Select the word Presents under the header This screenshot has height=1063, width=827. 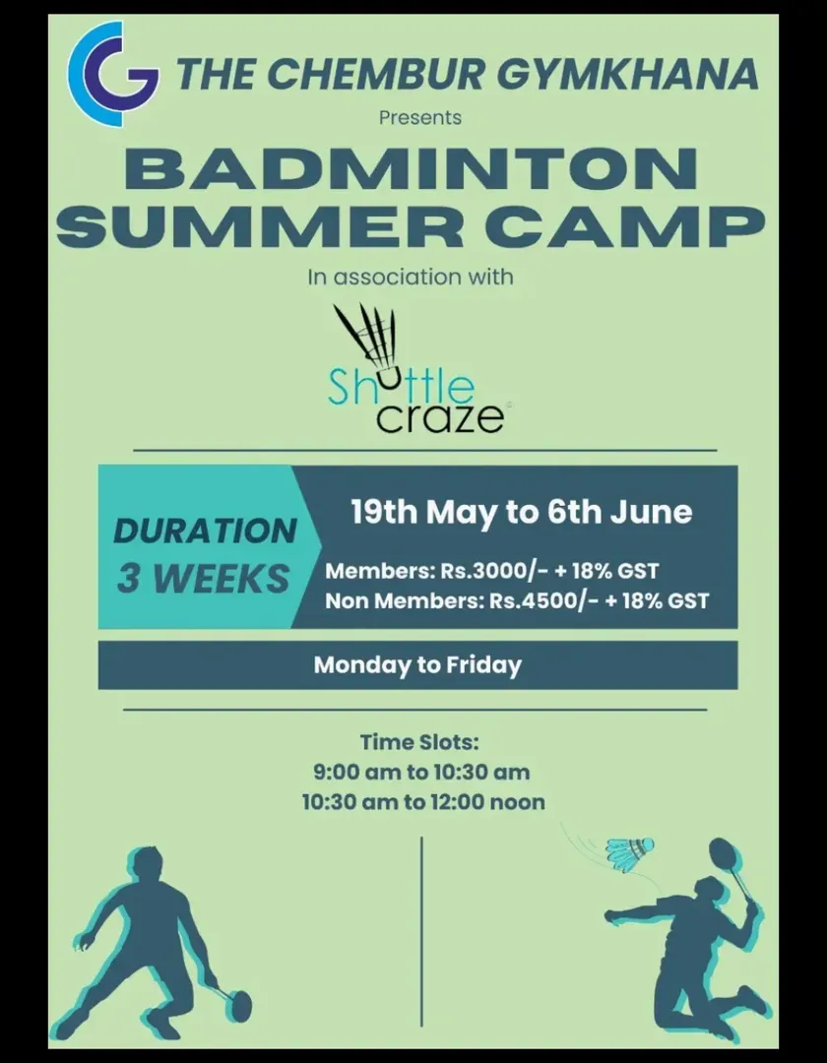click(x=420, y=118)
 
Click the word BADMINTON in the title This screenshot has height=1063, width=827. click(x=411, y=169)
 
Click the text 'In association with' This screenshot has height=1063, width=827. click(x=411, y=277)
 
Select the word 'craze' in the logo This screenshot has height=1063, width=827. click(x=440, y=417)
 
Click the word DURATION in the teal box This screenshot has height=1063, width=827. click(x=205, y=531)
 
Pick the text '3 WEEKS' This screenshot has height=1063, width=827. click(x=203, y=579)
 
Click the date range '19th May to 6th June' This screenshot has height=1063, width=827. click(x=521, y=512)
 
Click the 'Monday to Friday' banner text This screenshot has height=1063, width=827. click(x=417, y=665)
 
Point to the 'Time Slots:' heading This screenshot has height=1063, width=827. click(x=419, y=742)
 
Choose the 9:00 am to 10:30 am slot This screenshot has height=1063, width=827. click(x=421, y=773)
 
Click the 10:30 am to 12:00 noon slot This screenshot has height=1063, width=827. click(x=423, y=802)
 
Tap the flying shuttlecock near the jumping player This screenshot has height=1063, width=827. click(x=630, y=852)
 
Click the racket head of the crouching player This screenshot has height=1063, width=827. click(x=238, y=1005)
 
